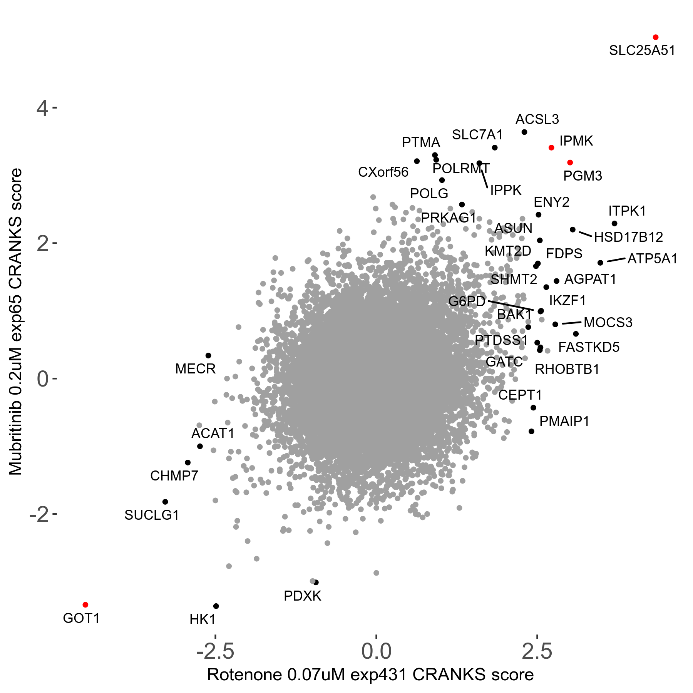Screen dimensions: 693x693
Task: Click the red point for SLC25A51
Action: click(x=656, y=37)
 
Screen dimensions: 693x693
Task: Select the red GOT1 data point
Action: click(x=85, y=605)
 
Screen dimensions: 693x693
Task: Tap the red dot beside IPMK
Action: click(x=551, y=148)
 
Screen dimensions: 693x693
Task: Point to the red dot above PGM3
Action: click(x=570, y=163)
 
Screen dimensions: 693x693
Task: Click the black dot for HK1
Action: click(x=216, y=606)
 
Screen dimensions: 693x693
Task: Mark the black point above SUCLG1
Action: click(x=165, y=502)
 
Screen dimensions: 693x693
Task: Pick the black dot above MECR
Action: click(x=208, y=355)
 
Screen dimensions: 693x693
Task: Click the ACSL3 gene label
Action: click(x=537, y=119)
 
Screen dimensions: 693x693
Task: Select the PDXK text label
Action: click(x=302, y=596)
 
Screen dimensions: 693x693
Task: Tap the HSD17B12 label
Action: click(x=628, y=237)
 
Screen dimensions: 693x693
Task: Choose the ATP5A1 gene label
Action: click(x=652, y=259)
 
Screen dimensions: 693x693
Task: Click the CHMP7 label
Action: click(x=174, y=476)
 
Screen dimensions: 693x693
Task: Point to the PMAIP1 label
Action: click(x=564, y=421)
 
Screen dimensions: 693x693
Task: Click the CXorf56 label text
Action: click(x=383, y=172)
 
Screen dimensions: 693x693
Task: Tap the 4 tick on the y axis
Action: click(x=42, y=108)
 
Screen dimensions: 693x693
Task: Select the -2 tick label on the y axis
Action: click(x=39, y=514)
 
